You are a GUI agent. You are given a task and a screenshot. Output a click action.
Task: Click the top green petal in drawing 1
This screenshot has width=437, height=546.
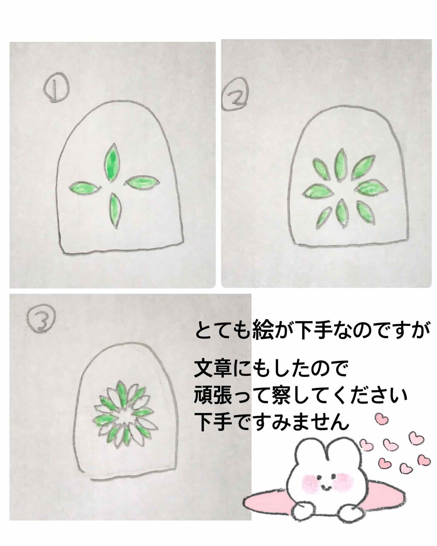[x=111, y=163]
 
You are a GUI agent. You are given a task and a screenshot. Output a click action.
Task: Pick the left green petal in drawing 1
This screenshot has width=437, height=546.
[x=84, y=188]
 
